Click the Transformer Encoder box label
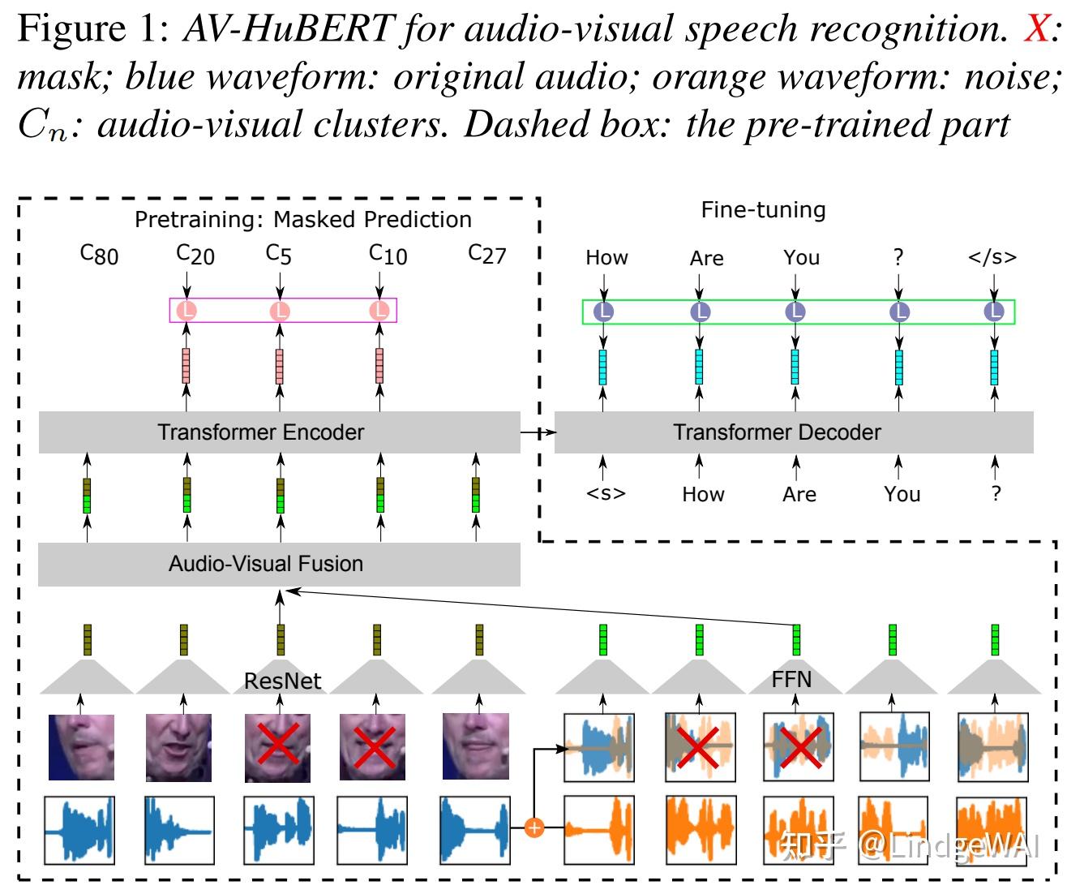coord(260,432)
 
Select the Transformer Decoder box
coord(794,432)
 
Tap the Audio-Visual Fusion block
coord(279,564)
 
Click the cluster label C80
coord(99,255)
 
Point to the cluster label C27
coord(487,254)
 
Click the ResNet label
coord(283,681)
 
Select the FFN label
coord(791,679)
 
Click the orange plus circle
coord(534,827)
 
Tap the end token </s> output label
coord(992,256)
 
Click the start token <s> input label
coord(606,493)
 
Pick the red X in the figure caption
coord(1037,28)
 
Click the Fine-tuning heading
coord(764,209)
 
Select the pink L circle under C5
coord(280,311)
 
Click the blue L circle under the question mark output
coord(899,312)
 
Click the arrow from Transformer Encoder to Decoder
coord(538,432)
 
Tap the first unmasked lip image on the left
coord(81,746)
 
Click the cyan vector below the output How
coord(603,367)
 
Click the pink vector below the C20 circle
coord(186,366)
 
